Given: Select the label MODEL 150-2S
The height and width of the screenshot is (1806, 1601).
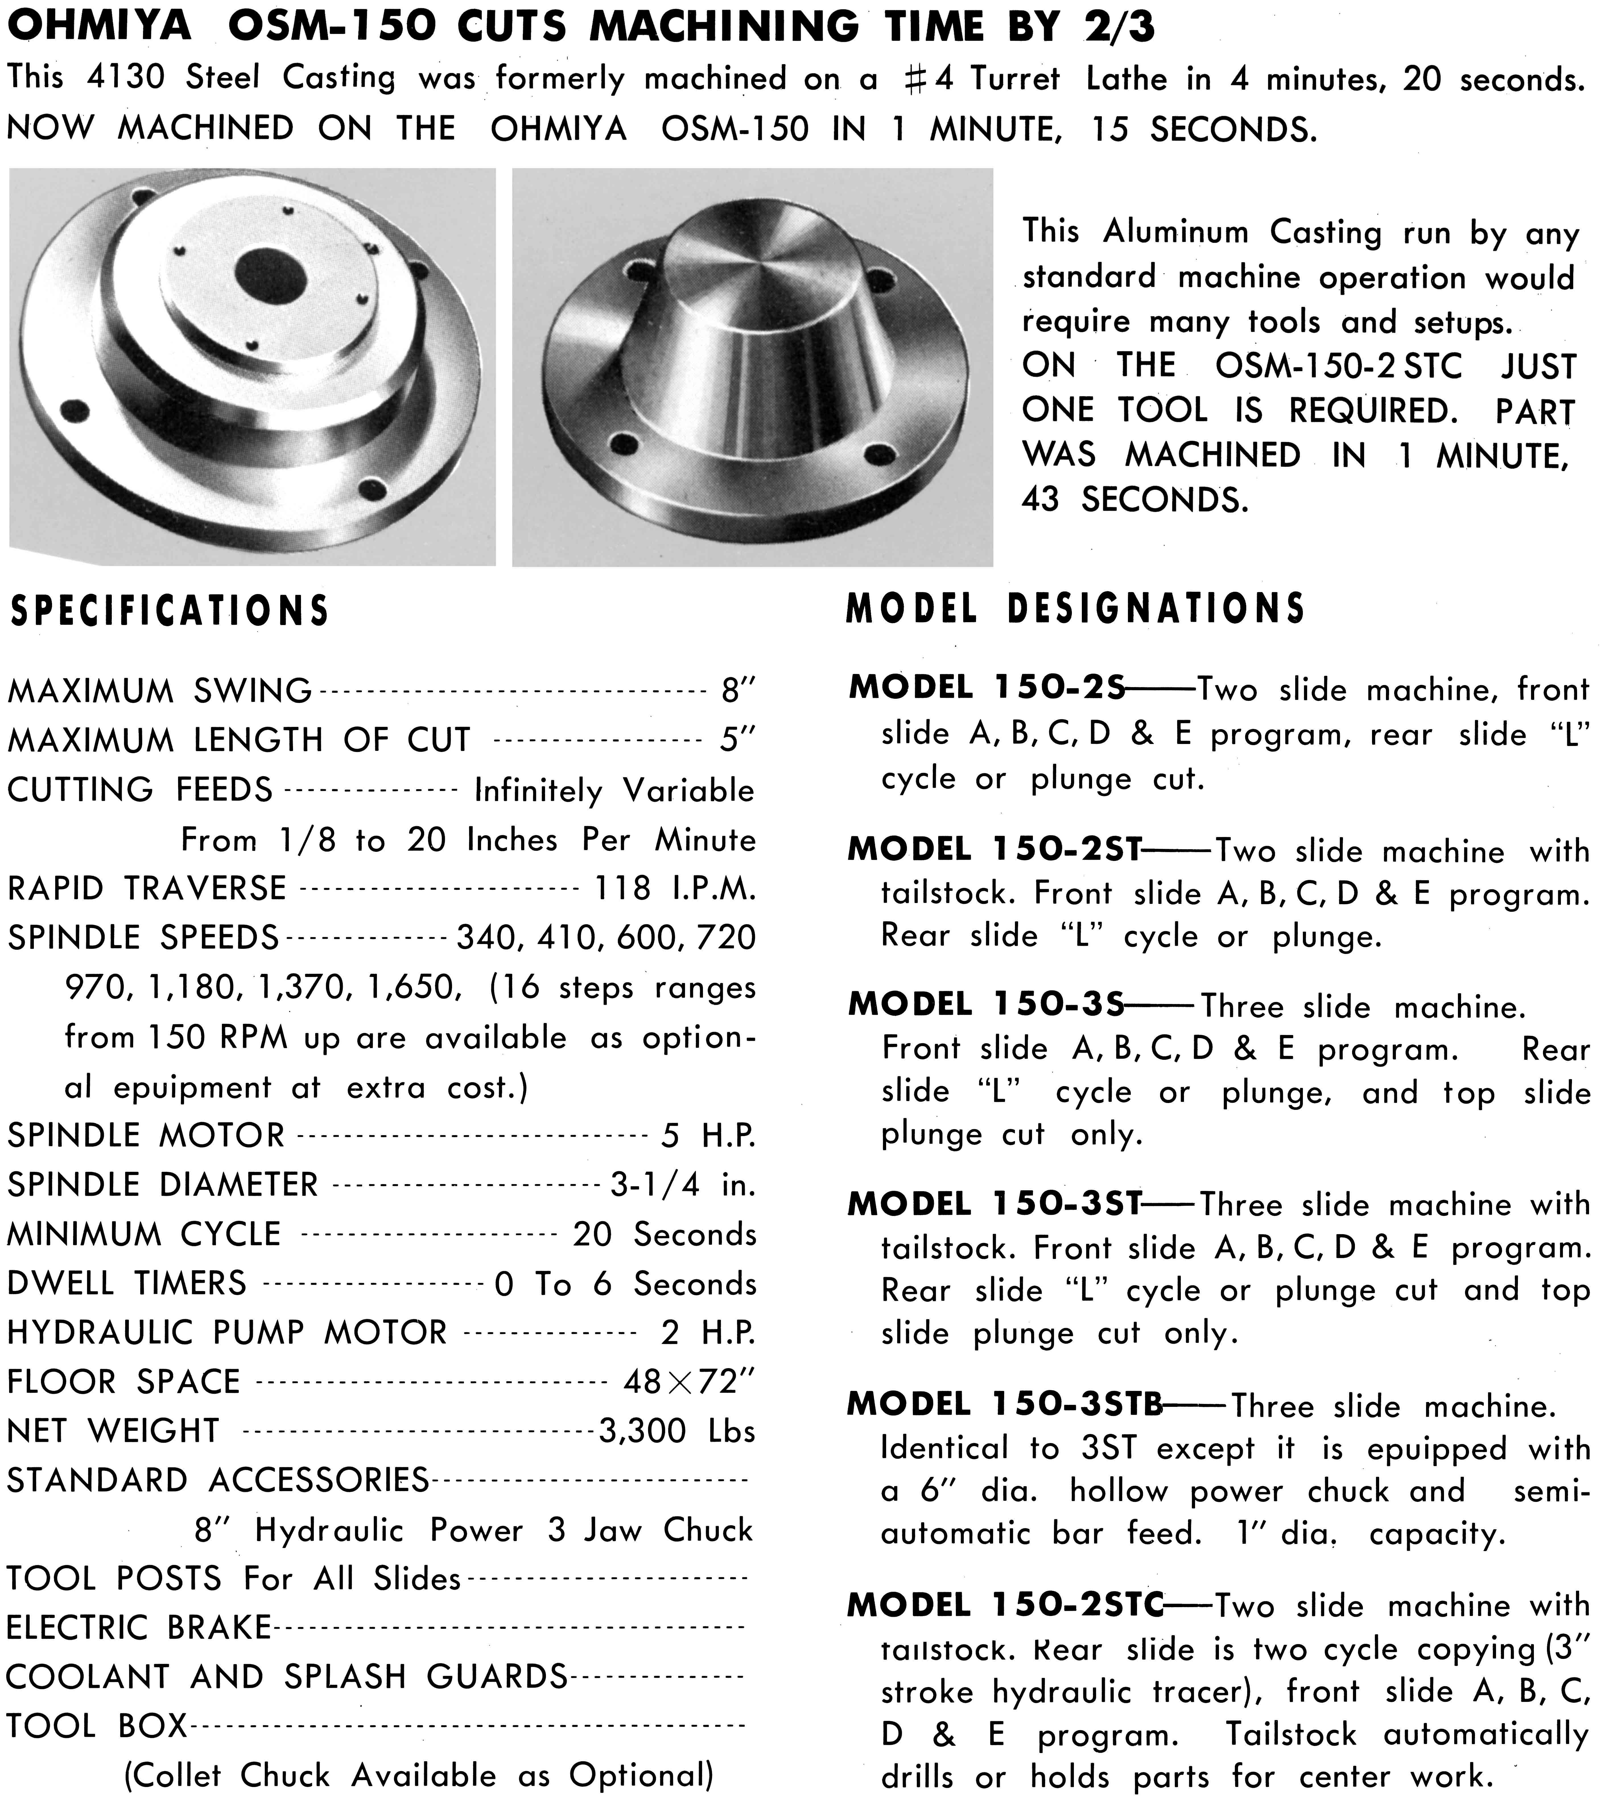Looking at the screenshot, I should (987, 687).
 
